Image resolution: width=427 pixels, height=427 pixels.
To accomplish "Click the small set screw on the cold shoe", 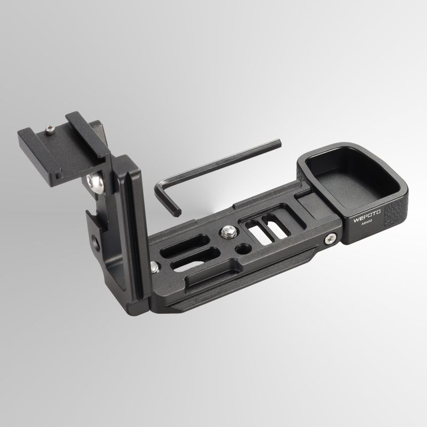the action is click(x=50, y=130).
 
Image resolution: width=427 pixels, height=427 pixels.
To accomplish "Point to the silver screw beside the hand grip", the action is click(x=330, y=239).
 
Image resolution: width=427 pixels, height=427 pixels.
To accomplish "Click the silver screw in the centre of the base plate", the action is click(x=227, y=232).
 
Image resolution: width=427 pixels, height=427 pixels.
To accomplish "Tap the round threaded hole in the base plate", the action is click(x=241, y=249).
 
